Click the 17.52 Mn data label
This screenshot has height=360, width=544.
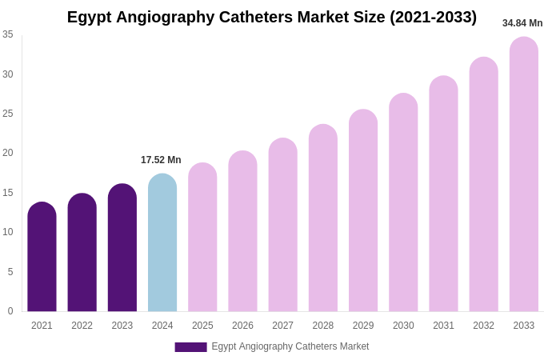pyautogui.click(x=161, y=160)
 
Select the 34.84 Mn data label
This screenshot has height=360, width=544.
pyautogui.click(x=522, y=23)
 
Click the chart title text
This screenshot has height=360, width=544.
pyautogui.click(x=272, y=17)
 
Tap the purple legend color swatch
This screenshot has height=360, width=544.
pyautogui.click(x=190, y=347)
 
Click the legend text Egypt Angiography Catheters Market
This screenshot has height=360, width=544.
pyautogui.click(x=290, y=346)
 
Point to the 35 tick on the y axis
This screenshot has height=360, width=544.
pyautogui.click(x=8, y=34)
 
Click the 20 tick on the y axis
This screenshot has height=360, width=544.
pyautogui.click(x=8, y=153)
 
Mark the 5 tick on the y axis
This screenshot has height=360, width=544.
pyautogui.click(x=10, y=272)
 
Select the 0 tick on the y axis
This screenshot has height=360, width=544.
pyautogui.click(x=10, y=311)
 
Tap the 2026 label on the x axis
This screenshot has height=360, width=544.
pyautogui.click(x=242, y=326)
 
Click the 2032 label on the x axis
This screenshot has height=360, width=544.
pyautogui.click(x=483, y=326)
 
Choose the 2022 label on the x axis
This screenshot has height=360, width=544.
pyautogui.click(x=82, y=326)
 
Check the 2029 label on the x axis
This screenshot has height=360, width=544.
pyautogui.click(x=363, y=326)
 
